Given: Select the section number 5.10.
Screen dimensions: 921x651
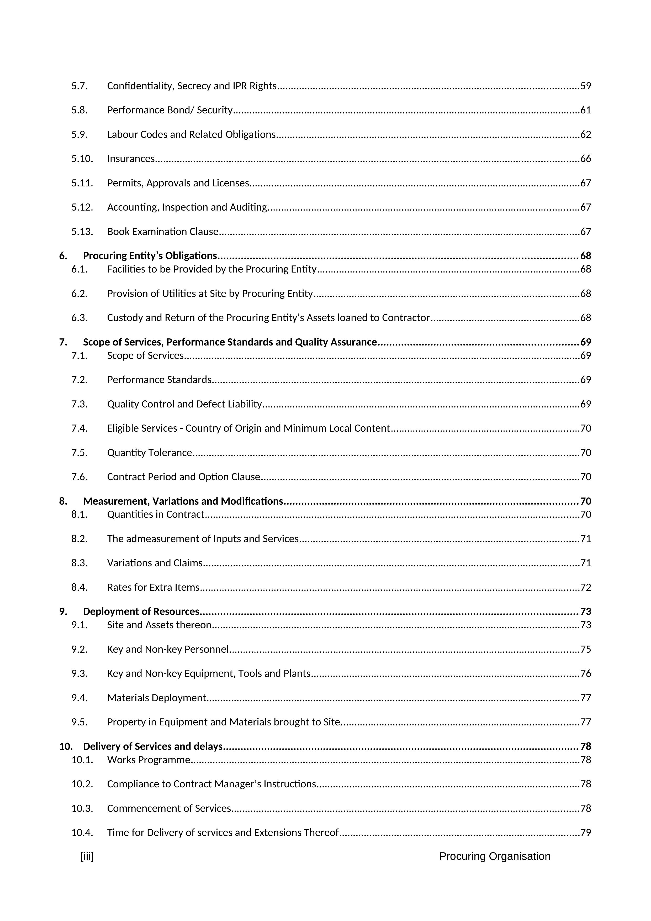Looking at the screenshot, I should point(82,159).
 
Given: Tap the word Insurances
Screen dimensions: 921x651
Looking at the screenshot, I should point(131,159).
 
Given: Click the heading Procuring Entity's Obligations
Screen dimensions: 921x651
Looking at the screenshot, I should point(150,256).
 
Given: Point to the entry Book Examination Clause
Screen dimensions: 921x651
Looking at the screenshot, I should point(162,232).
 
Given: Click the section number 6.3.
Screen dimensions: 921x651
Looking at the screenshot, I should point(79,318).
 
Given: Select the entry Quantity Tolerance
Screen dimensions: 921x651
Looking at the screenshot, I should point(150,453).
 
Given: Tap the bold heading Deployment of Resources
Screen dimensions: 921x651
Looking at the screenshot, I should point(141,612).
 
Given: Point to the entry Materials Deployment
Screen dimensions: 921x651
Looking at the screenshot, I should point(156,698).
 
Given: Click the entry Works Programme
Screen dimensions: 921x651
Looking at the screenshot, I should point(148,760).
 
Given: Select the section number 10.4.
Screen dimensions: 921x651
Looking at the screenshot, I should point(82,833).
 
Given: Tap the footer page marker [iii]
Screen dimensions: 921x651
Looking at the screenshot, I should point(87,856).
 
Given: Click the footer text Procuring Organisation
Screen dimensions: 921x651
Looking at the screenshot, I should point(494,856).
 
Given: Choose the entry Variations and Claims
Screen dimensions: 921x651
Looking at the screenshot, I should point(155,563).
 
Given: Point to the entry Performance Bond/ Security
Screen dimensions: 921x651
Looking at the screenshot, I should point(170,110).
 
